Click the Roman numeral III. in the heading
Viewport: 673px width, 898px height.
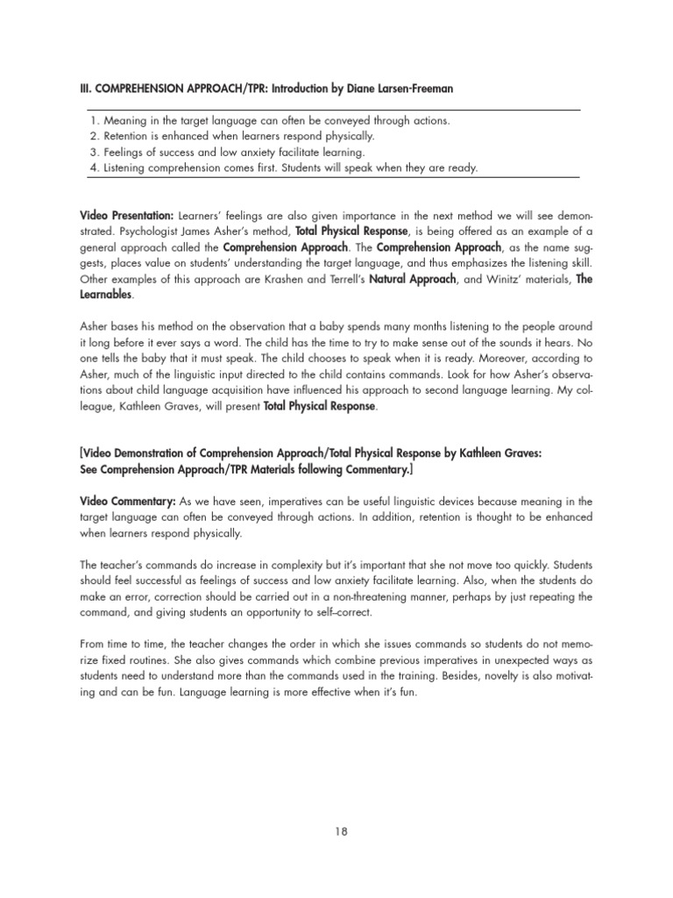pos(86,89)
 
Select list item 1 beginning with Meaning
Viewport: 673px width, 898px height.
pos(271,120)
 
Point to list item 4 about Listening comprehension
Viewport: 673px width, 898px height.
pos(284,168)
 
